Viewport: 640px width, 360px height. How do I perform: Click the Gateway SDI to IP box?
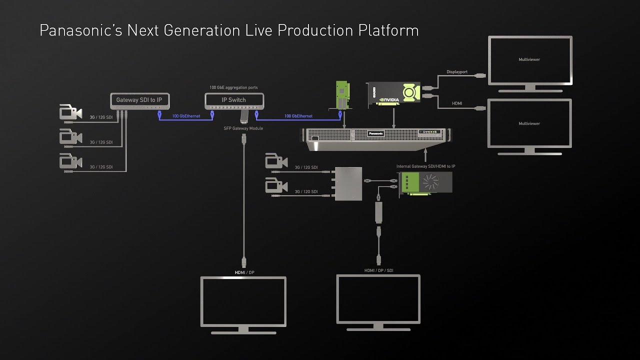click(139, 100)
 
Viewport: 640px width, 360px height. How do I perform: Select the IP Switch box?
click(233, 100)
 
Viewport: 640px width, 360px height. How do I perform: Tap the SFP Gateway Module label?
click(243, 128)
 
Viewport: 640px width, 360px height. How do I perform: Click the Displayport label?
click(456, 72)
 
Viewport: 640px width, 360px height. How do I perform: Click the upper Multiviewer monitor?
click(529, 60)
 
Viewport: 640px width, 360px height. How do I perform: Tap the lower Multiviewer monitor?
click(529, 123)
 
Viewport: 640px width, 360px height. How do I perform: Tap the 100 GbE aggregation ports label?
click(233, 87)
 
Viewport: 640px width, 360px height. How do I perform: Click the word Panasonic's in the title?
click(81, 30)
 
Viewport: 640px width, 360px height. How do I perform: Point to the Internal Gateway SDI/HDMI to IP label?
click(425, 166)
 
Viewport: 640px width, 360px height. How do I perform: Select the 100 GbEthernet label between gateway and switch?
click(186, 116)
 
